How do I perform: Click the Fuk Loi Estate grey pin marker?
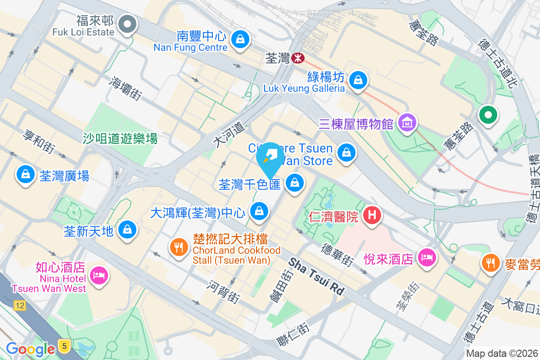127,24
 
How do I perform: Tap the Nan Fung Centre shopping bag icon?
241,39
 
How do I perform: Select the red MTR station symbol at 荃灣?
297,58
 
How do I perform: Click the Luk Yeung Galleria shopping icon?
358,80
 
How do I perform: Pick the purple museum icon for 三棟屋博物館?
407,122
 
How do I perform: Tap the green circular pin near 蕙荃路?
488,114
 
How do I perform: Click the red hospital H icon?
372,216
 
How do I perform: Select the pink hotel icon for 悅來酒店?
426,257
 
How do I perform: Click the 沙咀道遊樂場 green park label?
120,139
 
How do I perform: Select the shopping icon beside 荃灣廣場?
26,174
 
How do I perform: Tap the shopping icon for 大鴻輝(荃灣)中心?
259,210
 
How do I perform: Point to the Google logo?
30,349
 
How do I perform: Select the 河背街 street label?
224,291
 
